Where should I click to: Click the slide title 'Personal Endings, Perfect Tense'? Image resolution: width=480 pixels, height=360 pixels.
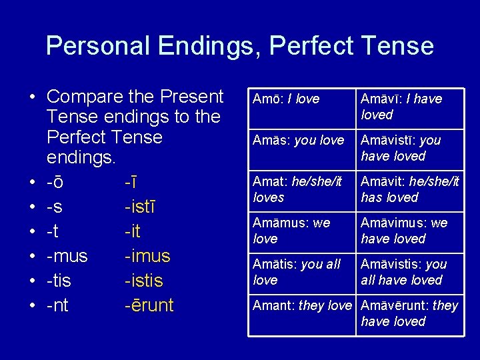click(240, 46)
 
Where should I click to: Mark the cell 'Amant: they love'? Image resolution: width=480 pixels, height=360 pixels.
click(302, 306)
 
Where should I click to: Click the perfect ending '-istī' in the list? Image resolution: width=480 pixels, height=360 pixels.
click(140, 207)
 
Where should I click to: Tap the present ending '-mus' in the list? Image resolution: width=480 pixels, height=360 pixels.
click(67, 256)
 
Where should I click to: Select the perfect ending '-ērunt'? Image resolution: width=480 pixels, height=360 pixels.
click(149, 305)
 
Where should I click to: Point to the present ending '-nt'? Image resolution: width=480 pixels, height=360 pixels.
click(58, 305)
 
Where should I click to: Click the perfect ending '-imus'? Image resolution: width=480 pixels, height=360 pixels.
click(147, 256)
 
